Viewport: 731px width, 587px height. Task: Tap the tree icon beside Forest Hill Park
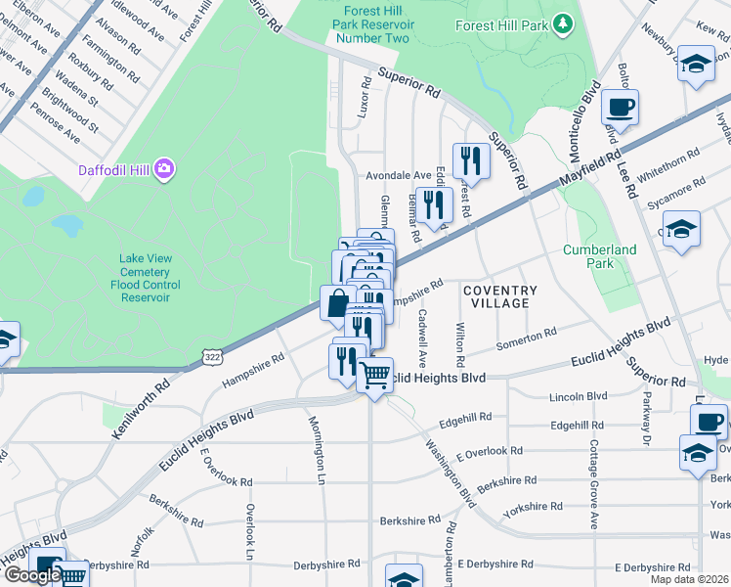[x=562, y=23]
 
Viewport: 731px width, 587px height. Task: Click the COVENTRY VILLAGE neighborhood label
[x=499, y=296]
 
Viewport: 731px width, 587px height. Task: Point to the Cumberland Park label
[x=599, y=256]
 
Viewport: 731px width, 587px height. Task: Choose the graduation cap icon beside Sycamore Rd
[x=680, y=230]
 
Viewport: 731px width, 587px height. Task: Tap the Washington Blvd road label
[x=450, y=472]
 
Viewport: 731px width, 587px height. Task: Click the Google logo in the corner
[x=32, y=575]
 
